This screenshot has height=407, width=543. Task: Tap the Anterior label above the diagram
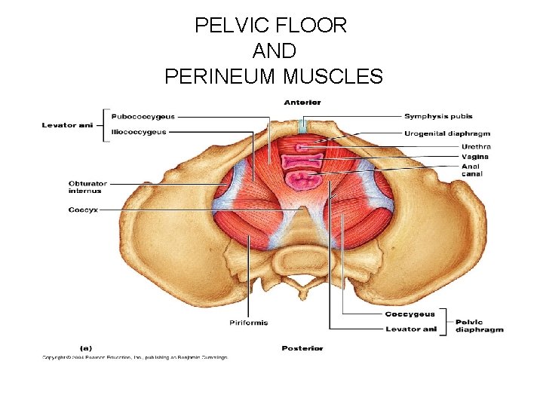coord(302,102)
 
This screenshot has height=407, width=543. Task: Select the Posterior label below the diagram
coord(302,348)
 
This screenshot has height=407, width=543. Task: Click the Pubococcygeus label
coord(143,117)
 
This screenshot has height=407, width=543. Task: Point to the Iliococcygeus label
coord(140,132)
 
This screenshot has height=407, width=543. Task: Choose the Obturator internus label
coord(87,187)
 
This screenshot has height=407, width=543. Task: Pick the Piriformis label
coord(248,323)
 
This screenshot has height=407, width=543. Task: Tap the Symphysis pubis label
coord(438,117)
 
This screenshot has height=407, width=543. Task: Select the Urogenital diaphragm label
coord(447,133)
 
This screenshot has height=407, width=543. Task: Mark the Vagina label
coord(475,157)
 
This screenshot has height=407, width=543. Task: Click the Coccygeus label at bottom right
coord(410,314)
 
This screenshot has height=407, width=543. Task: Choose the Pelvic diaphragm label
coord(479,326)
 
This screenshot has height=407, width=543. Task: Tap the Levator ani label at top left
coord(67,125)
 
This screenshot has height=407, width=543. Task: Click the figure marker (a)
coord(87,348)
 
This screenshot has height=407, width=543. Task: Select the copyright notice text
coord(134,357)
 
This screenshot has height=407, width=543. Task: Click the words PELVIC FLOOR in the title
coord(271,26)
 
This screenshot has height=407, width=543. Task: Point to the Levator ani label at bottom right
coord(411,329)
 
